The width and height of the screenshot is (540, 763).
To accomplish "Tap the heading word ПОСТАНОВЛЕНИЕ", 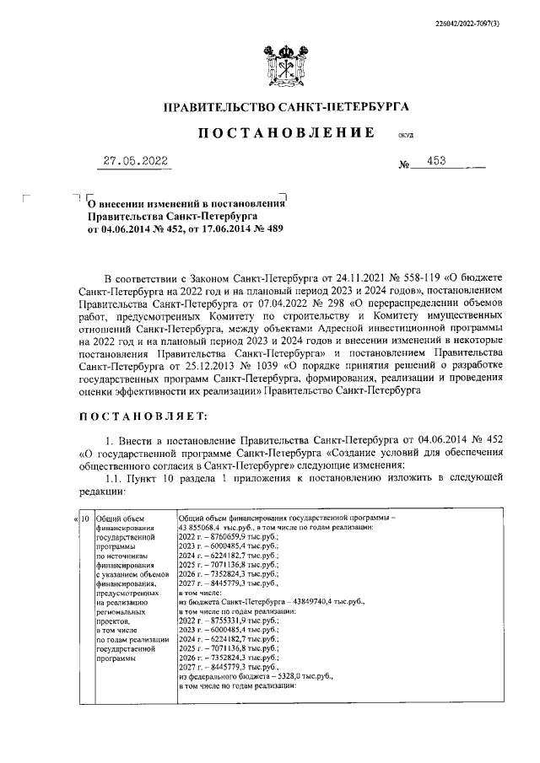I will coord(285,133).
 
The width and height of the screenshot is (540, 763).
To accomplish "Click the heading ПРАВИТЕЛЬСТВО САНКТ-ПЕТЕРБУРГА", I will coord(285,107).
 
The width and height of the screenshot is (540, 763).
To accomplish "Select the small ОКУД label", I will coord(405,135).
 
